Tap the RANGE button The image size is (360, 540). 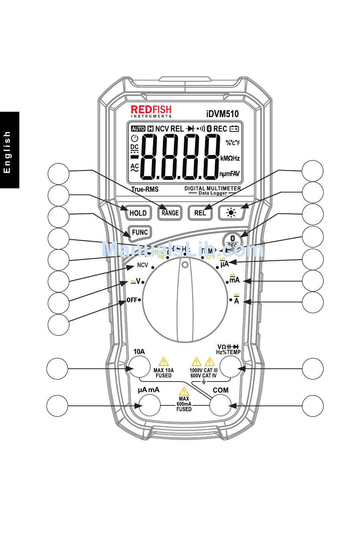coord(170,213)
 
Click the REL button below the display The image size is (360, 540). coord(200,213)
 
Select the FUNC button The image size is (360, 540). coord(139,232)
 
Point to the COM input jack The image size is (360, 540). coord(221,405)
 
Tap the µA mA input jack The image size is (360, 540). coord(149,405)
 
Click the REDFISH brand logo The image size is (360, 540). coord(151,111)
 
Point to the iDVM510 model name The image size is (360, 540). coord(222,113)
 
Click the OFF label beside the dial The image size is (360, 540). coord(132,300)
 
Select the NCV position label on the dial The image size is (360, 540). coord(142,266)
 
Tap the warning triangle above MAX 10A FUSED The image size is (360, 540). coord(163,362)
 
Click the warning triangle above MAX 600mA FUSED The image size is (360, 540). coord(184,391)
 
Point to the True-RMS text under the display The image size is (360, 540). coord(145,189)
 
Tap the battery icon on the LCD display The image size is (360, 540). coord(234,129)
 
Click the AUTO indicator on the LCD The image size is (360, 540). coord(138,129)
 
